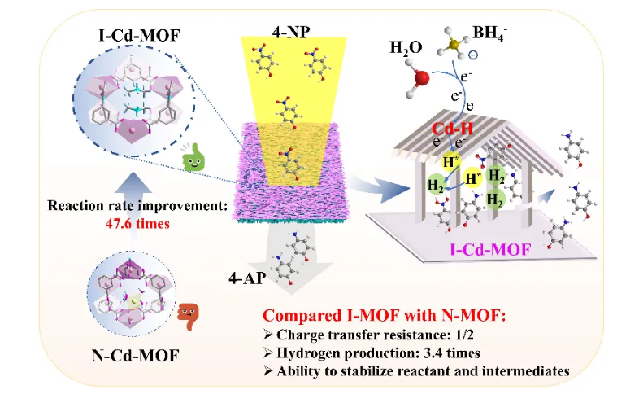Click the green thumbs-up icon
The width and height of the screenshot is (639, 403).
tap(193, 158)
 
